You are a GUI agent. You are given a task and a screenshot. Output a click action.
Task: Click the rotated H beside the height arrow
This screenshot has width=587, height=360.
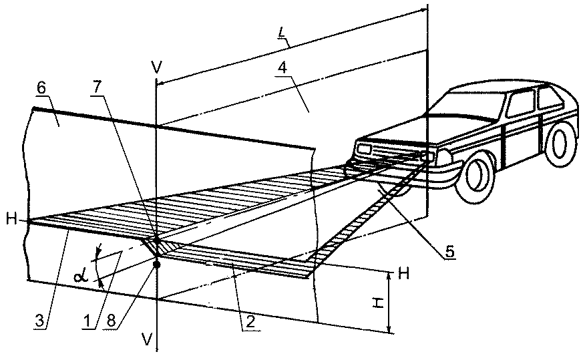point(376,303)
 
